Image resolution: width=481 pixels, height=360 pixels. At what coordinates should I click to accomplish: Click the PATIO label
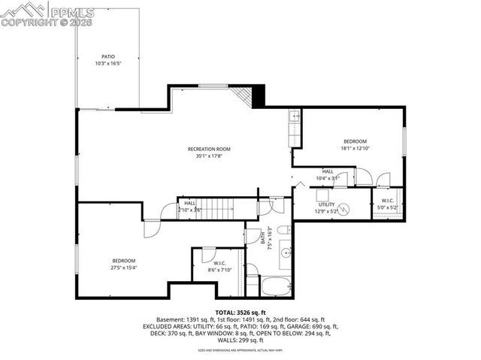(108, 56)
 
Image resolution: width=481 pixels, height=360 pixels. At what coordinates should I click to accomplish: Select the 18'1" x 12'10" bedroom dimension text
(355, 149)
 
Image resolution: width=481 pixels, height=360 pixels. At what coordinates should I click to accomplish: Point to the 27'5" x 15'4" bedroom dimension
(124, 267)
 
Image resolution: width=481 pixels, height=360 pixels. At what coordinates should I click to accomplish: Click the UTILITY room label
(326, 204)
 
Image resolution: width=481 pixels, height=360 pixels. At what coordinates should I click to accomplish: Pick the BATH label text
(263, 239)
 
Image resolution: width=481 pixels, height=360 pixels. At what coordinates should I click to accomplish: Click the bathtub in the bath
(277, 286)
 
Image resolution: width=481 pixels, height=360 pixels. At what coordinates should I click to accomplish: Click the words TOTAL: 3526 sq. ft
(240, 312)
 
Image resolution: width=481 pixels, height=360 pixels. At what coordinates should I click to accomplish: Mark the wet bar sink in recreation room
(296, 117)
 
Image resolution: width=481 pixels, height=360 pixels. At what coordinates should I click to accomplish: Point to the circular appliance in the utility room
(344, 210)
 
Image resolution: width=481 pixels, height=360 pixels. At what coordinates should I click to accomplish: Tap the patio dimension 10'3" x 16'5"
(108, 64)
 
